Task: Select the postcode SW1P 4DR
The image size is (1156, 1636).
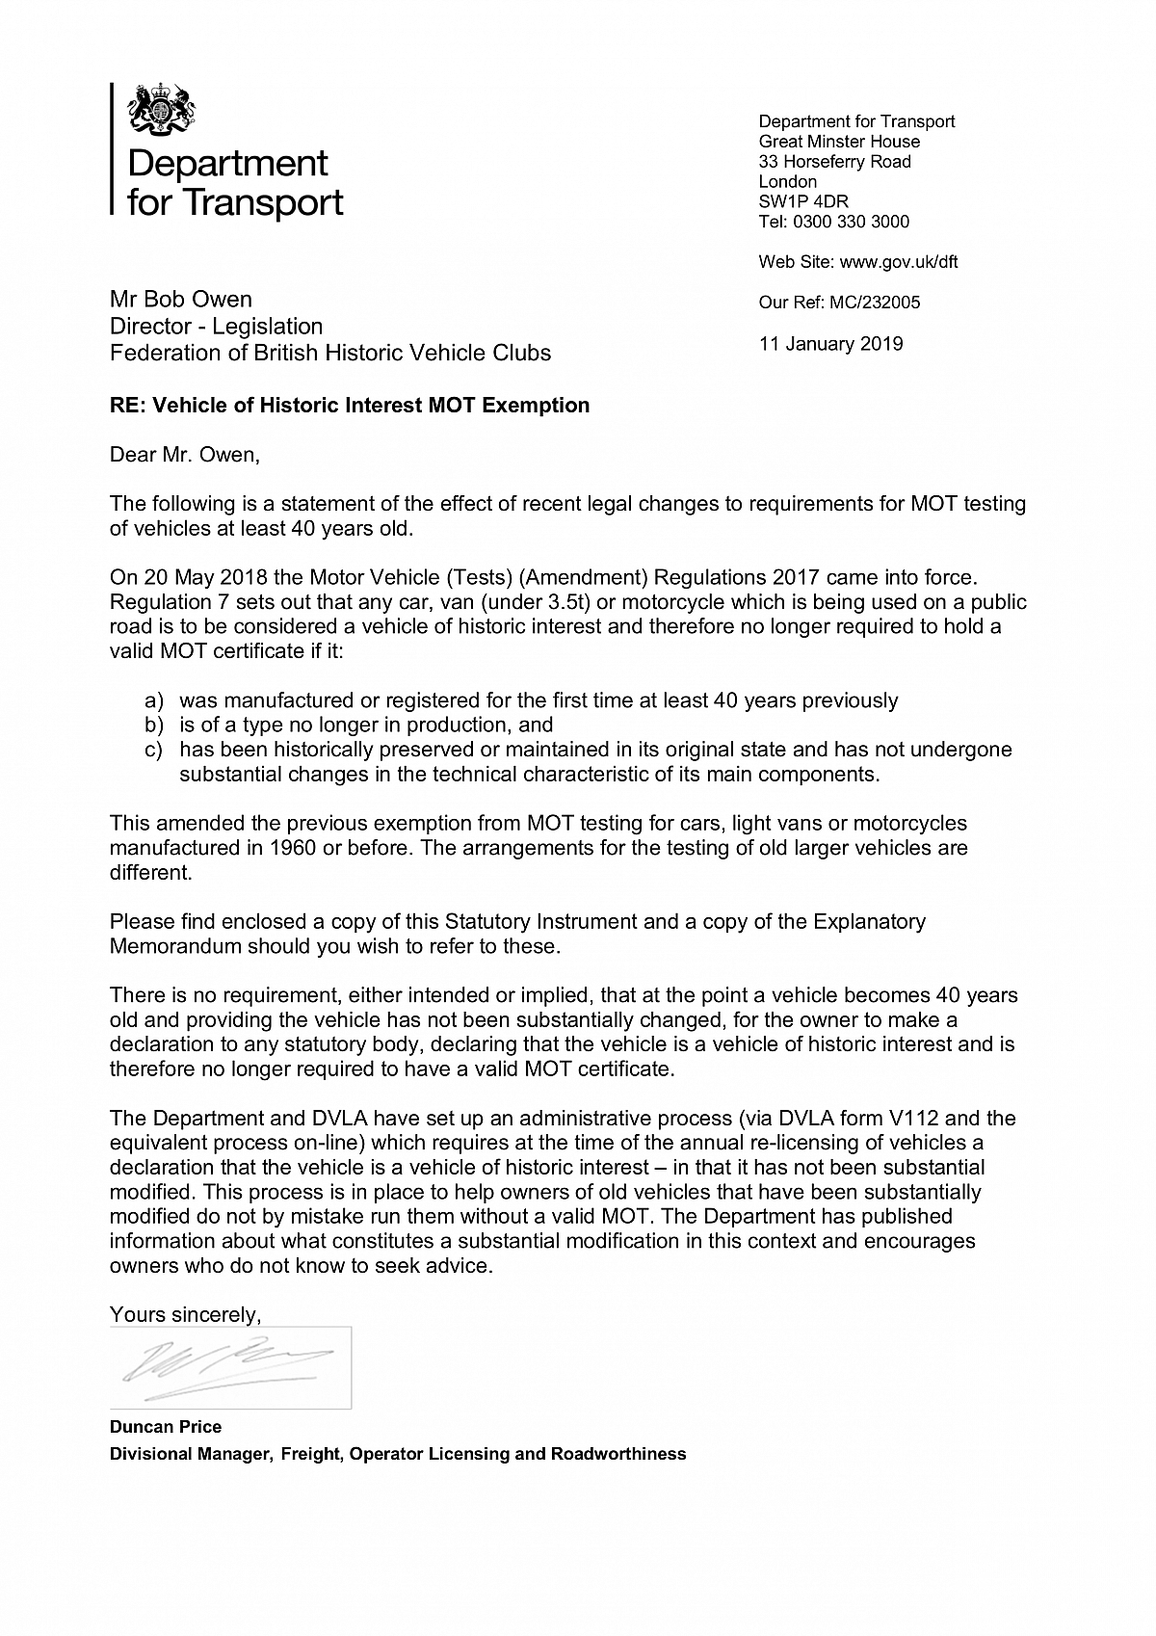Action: [803, 201]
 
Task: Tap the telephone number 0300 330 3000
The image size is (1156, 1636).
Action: [850, 222]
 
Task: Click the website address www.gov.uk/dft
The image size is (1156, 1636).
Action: [899, 262]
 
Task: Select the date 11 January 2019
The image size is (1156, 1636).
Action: [830, 344]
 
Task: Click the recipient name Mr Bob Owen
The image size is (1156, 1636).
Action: [181, 300]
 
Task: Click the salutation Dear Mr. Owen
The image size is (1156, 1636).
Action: [185, 454]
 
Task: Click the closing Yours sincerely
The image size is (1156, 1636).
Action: [185, 1314]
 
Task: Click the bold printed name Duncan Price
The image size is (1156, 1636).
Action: [166, 1427]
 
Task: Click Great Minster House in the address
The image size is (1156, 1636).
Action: [839, 142]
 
